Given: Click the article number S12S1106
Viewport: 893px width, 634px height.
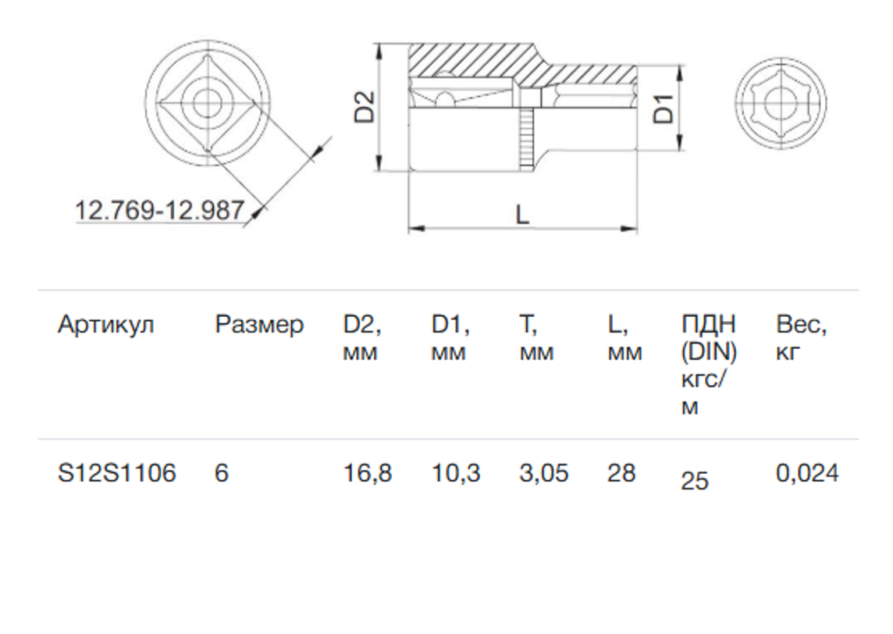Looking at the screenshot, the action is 117,473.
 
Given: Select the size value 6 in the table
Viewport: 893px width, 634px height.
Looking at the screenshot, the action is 222,473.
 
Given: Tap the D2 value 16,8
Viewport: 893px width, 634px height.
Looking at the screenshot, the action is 368,474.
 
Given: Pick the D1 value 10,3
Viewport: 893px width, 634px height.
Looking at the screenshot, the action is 456,474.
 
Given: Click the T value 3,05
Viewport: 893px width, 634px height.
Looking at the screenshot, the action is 544,474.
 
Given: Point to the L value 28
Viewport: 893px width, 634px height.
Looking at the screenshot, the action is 621,473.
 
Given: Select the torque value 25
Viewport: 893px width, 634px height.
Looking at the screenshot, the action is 695,481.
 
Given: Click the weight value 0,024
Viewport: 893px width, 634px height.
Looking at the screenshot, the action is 807,474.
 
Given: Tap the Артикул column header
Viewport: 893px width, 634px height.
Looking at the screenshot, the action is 106,326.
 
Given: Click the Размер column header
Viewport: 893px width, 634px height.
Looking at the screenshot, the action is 259,326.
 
